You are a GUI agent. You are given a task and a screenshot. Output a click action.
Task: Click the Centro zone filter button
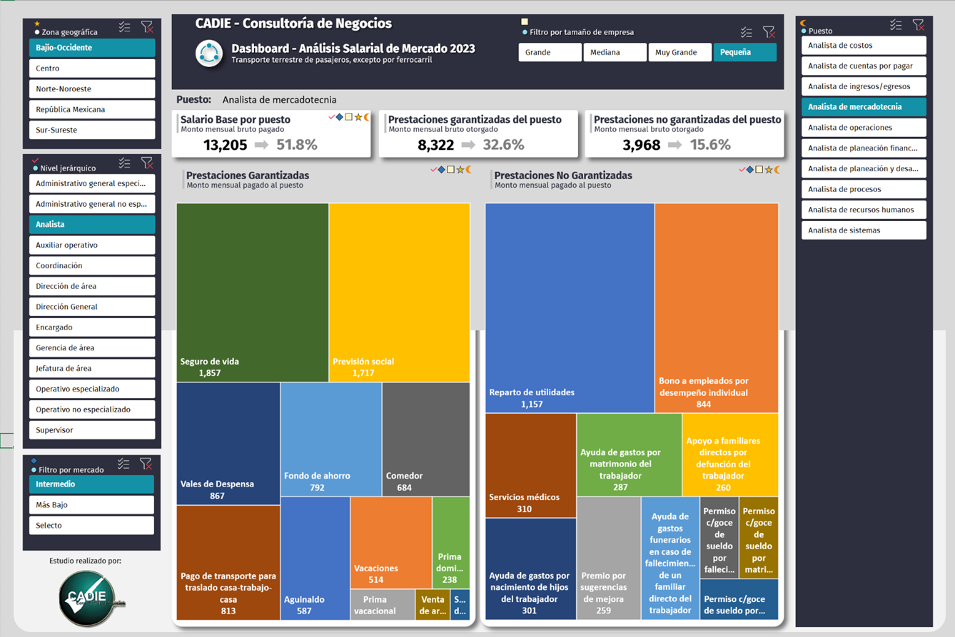click(x=91, y=68)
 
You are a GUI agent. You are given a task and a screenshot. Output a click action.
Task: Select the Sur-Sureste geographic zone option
click(x=91, y=130)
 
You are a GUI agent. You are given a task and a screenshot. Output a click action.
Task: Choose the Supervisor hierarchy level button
click(x=91, y=430)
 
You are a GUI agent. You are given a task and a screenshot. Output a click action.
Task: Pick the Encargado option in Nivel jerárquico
click(x=91, y=327)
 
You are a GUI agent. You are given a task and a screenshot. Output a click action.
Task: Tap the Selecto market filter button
click(x=91, y=525)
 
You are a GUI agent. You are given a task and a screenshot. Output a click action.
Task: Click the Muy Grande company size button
click(x=679, y=52)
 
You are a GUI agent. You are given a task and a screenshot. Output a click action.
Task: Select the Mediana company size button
click(x=615, y=52)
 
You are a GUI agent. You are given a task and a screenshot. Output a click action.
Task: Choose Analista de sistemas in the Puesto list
click(x=863, y=230)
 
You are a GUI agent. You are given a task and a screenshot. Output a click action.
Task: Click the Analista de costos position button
click(x=863, y=46)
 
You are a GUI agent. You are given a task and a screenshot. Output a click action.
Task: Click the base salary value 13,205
click(x=225, y=145)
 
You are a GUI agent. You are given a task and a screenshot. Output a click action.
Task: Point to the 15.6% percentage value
click(x=709, y=145)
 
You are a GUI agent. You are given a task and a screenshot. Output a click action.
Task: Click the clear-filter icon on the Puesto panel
click(x=918, y=26)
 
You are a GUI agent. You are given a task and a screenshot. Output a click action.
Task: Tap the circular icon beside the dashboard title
click(x=209, y=53)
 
